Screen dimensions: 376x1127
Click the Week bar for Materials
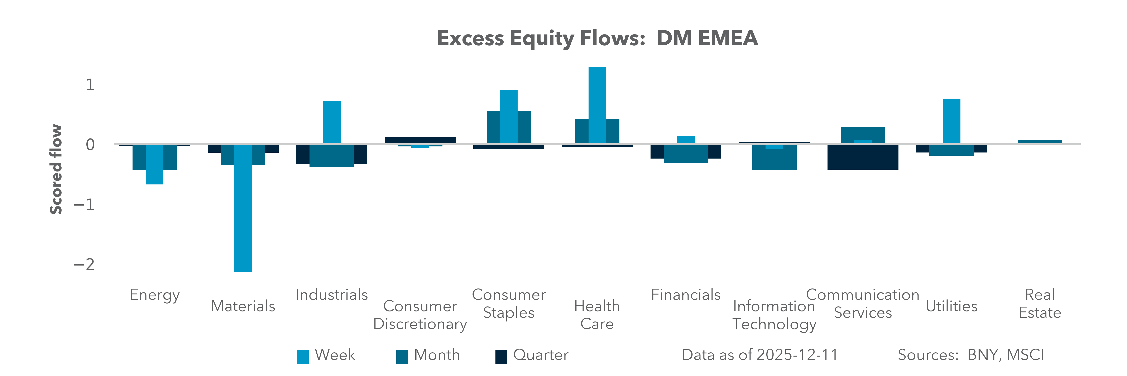243,208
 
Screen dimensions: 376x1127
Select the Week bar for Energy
154,165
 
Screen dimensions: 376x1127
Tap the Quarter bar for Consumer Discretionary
420,140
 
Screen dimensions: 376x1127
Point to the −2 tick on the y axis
84,264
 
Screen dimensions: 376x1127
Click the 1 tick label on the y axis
90,84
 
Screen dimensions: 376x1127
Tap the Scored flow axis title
56,169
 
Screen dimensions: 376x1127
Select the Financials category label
686,295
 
